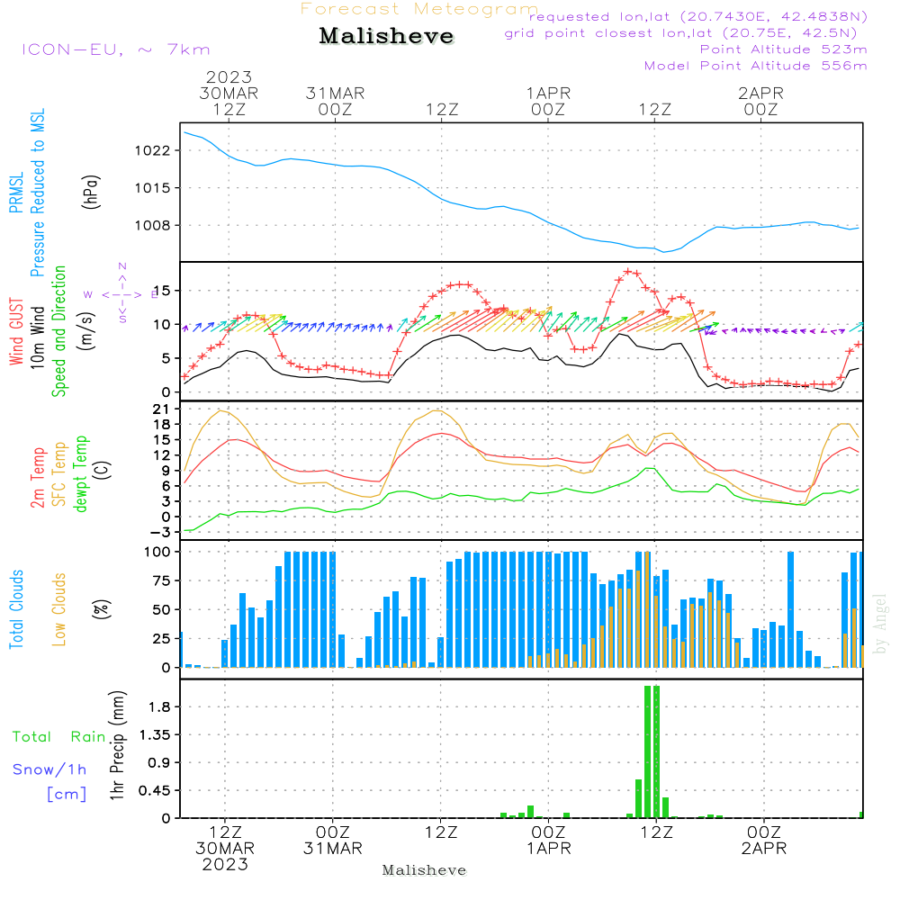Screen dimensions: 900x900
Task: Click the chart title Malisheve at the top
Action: click(386, 36)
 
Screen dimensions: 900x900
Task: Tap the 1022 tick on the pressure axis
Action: click(152, 151)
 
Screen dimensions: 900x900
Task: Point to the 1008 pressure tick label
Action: click(152, 226)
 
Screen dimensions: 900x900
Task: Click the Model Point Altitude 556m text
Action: click(755, 66)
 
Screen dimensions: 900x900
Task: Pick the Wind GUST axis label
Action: click(16, 331)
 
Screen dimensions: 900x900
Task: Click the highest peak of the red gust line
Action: click(628, 272)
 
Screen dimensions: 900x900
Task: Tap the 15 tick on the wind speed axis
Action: click(162, 291)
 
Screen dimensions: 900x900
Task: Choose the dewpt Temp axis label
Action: click(80, 473)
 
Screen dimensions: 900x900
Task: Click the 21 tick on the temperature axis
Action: click(161, 409)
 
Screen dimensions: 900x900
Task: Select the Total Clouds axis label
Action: click(16, 609)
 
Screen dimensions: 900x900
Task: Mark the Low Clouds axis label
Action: click(59, 609)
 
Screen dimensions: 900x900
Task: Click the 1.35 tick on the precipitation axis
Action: click(155, 734)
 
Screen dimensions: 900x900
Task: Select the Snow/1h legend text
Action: click(49, 769)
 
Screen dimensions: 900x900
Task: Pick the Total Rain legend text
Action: click(59, 737)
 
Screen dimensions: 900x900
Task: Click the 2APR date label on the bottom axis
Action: click(764, 849)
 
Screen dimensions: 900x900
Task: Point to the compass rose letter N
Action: click(122, 266)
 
